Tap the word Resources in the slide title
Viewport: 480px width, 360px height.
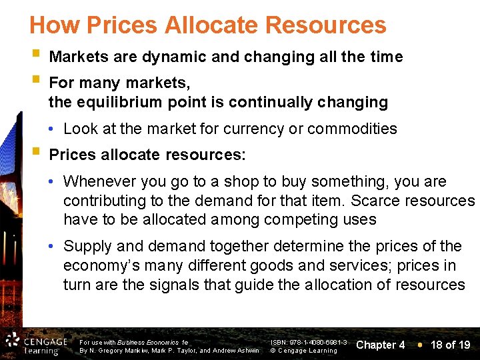(x=325, y=25)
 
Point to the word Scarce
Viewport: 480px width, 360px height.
(x=373, y=200)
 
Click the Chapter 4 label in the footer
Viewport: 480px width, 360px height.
(x=381, y=345)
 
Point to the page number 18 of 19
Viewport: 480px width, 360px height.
(x=450, y=345)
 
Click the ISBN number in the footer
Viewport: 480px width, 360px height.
(x=308, y=341)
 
